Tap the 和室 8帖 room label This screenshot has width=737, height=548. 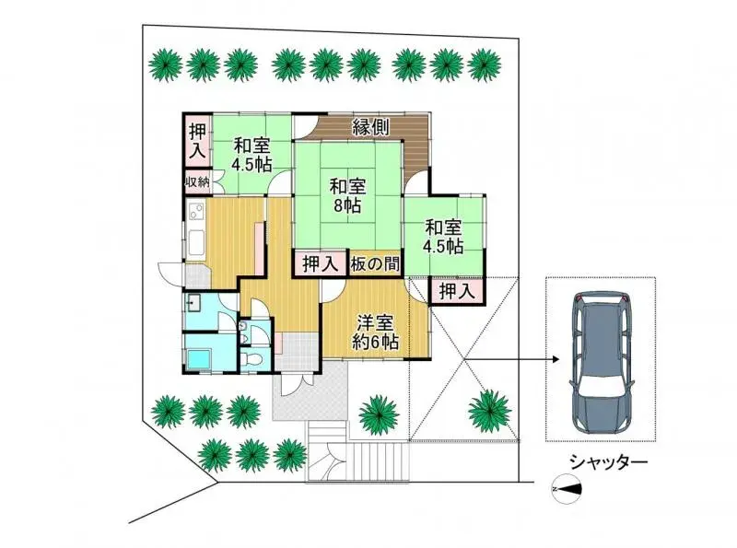[x=348, y=196]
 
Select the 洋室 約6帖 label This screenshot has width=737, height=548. [x=376, y=332]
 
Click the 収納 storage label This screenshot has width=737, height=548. [x=197, y=182]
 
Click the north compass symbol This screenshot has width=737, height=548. [x=564, y=488]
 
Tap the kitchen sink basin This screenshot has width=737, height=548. [x=195, y=244]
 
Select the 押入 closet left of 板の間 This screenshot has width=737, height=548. [x=320, y=264]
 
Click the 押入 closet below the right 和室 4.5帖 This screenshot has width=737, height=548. [x=456, y=292]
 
